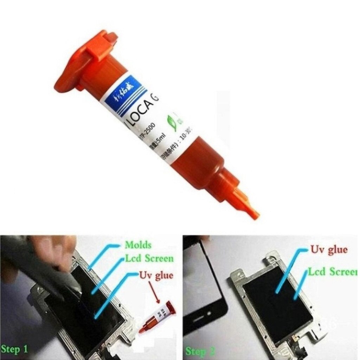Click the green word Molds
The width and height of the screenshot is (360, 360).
tap(138, 245)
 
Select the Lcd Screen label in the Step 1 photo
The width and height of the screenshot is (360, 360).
tap(149, 259)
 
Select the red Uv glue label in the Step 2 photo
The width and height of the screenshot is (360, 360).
tap(328, 251)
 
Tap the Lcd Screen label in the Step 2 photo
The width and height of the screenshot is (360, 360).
tap(333, 272)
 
